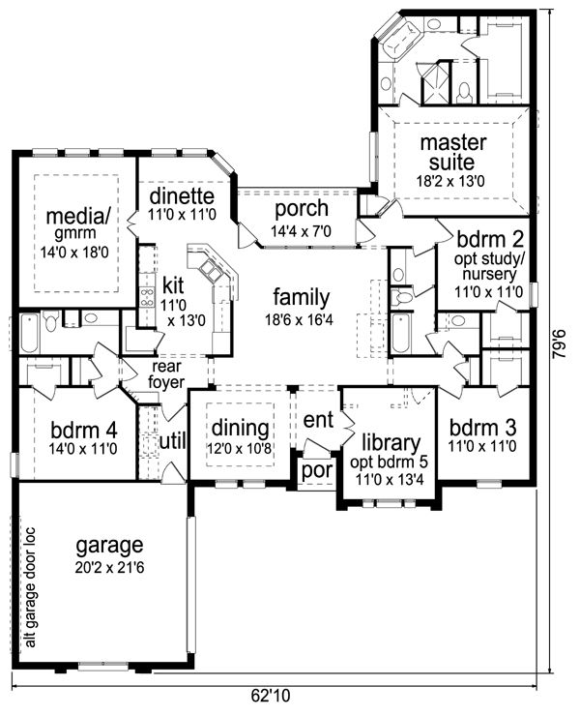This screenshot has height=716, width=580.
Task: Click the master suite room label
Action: click(452, 152)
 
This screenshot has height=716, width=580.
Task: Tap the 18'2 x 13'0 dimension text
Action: click(450, 181)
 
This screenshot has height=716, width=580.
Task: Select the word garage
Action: click(109, 546)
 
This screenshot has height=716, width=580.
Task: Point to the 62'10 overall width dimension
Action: click(271, 696)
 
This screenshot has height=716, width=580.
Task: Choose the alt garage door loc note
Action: click(31, 587)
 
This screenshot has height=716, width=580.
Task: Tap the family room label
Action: click(302, 298)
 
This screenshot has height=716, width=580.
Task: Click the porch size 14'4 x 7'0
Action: click(301, 231)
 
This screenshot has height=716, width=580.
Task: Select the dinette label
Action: click(182, 195)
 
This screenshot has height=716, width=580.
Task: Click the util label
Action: click(173, 441)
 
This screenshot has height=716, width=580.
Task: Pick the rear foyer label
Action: click(165, 374)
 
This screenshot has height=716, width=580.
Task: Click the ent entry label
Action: click(318, 420)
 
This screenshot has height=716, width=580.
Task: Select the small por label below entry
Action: click(317, 470)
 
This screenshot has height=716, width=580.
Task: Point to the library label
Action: click(391, 442)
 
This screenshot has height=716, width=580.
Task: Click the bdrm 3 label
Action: click(482, 429)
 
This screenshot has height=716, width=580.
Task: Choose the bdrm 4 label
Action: click(84, 431)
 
